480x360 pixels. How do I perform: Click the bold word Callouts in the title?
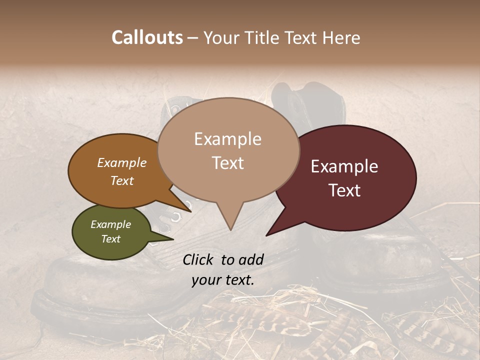coord(147,37)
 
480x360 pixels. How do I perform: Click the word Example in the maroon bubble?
coord(344,166)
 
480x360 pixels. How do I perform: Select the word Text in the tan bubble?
coord(228,163)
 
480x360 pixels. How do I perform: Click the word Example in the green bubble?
coord(111,224)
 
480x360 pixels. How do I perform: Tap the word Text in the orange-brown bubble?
coord(122,180)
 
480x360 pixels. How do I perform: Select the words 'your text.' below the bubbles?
coord(222,280)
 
